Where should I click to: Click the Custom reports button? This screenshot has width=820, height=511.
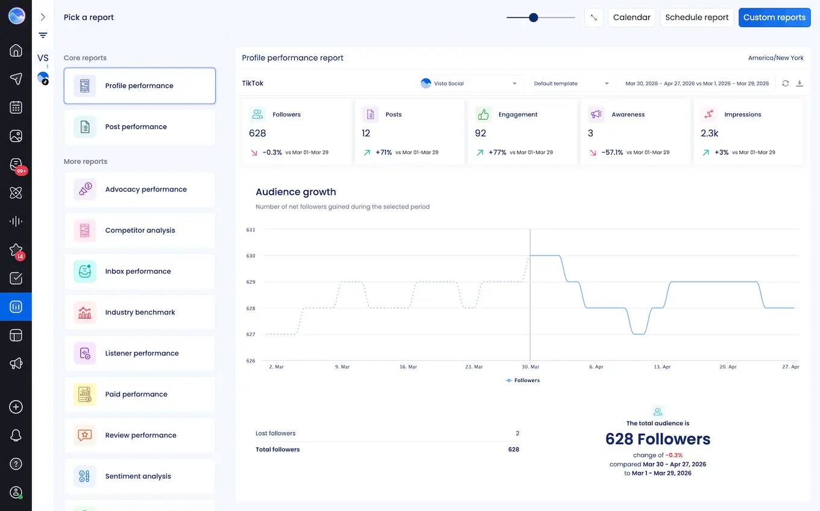coord(774,17)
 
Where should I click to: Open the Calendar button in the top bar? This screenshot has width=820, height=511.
coord(631,17)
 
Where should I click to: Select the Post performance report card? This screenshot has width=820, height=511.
coord(139,127)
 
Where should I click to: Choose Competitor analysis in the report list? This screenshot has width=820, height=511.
coord(139,231)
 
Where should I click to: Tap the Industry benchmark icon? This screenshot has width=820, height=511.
coord(85,313)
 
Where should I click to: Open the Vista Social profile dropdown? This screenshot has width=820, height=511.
coord(469,84)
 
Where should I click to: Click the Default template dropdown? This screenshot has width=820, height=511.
coord(571,84)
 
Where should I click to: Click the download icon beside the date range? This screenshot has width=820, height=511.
coord(799,84)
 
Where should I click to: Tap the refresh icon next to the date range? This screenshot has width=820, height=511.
coord(785,84)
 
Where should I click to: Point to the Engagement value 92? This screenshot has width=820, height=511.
coord(481,133)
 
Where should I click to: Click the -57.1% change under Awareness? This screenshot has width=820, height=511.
coord(612,152)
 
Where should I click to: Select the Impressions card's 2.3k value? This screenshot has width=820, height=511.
coord(709,133)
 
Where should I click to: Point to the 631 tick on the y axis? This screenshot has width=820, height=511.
coord(250,230)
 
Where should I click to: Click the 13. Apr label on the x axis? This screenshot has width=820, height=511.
coord(662,367)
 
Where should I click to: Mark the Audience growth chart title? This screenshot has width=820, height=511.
coord(295,192)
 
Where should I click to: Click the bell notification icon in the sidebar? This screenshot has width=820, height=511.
coord(16,436)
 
